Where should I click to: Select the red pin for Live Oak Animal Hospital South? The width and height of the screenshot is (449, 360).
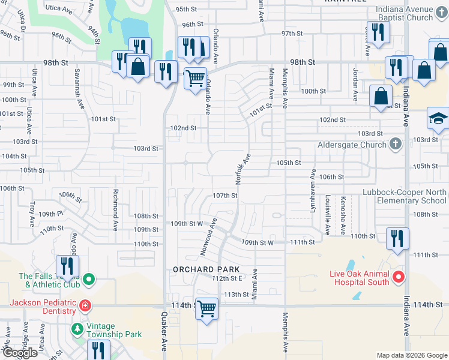pyautogui.click(x=398, y=277)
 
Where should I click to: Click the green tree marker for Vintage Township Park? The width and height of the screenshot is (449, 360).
pyautogui.click(x=77, y=329)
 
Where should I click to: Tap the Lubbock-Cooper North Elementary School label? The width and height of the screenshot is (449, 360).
pyautogui.click(x=405, y=196)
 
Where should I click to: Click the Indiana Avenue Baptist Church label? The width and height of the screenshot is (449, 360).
pyautogui.click(x=413, y=13)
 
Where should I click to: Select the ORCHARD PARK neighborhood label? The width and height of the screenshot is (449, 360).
pyautogui.click(x=207, y=269)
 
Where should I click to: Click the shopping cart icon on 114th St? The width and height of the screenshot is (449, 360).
pyautogui.click(x=206, y=308)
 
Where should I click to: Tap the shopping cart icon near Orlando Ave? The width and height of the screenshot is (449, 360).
pyautogui.click(x=195, y=77)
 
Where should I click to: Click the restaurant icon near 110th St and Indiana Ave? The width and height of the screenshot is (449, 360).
pyautogui.click(x=397, y=238)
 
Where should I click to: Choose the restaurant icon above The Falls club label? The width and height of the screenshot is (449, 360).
pyautogui.click(x=67, y=266)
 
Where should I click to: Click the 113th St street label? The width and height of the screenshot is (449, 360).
pyautogui.click(x=236, y=295)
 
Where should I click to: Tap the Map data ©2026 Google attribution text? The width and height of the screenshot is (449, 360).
pyautogui.click(x=412, y=355)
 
